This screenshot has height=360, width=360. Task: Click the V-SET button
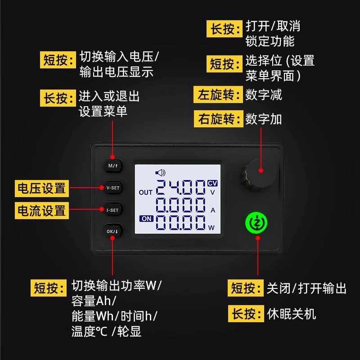click(112, 188)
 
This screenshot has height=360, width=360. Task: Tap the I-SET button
click(112, 210)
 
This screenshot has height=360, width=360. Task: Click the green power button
click(256, 222)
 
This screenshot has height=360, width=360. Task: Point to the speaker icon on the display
click(160, 172)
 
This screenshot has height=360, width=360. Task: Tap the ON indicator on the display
click(146, 219)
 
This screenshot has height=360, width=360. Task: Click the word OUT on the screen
click(146, 193)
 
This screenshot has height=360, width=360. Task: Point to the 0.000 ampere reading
click(180, 206)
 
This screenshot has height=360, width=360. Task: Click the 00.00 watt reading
click(180, 223)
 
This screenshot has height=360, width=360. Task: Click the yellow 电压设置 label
click(41, 188)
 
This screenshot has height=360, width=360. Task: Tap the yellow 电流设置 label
click(41, 210)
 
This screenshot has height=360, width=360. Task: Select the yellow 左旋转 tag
click(217, 95)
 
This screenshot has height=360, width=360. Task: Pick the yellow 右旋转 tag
click(217, 119)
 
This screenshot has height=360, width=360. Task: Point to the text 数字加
click(264, 119)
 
